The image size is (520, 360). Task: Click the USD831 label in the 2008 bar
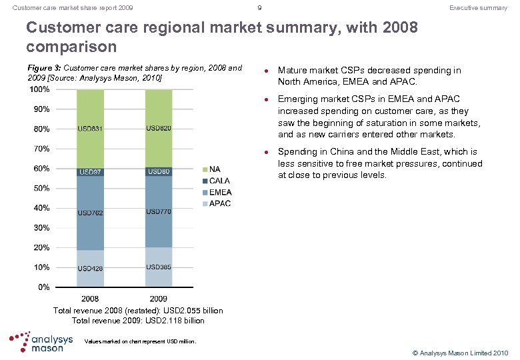coord(90,129)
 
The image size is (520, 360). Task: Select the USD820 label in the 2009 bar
coord(159,129)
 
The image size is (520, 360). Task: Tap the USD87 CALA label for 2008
coord(90,172)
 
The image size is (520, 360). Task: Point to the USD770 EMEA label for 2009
coord(159,211)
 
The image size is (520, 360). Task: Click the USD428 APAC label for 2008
coord(90,269)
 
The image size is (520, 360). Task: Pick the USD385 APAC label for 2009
coord(159,267)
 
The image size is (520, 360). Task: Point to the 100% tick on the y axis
coord(39,89)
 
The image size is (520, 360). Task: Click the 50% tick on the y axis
coord(41,188)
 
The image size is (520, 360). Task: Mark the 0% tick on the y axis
coord(43,287)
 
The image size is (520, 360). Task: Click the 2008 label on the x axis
coord(90,299)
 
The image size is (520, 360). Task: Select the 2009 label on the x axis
coord(159,299)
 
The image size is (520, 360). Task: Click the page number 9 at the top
coord(259,8)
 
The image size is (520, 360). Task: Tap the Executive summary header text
coord(478,8)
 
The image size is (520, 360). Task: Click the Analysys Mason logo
coord(41,341)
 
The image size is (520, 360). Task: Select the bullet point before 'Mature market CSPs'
coord(266,71)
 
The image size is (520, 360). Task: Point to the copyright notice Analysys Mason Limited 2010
coord(460,352)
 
